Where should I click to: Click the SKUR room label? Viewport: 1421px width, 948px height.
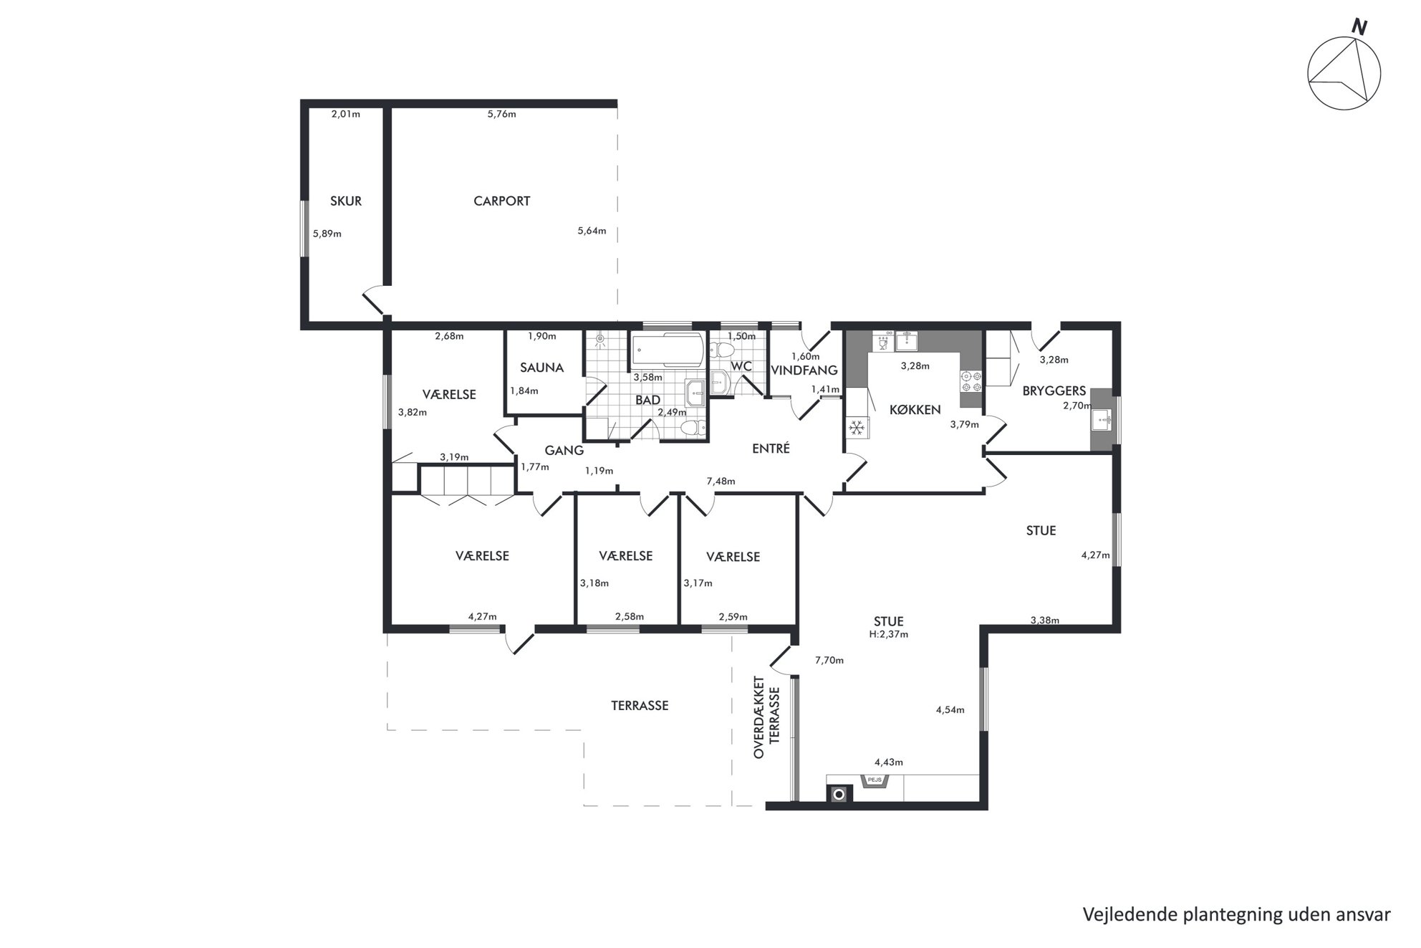(x=346, y=201)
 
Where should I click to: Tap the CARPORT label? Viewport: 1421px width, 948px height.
(x=501, y=201)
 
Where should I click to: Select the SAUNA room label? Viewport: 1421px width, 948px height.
(x=541, y=368)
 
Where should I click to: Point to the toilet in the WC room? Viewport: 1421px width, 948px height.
(x=722, y=350)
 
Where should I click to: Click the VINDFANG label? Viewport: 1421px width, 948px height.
(x=804, y=370)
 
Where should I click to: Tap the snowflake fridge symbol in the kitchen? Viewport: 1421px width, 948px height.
(x=857, y=428)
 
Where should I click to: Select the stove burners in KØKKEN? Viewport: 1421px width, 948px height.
(x=970, y=380)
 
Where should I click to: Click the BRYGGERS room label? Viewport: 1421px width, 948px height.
(x=1054, y=391)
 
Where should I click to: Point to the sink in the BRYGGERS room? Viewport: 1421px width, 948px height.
(x=1101, y=419)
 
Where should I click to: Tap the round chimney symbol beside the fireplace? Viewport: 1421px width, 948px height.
(x=839, y=794)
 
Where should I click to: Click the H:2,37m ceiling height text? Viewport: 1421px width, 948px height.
(x=889, y=634)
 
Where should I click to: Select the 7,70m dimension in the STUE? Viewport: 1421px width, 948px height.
(x=829, y=661)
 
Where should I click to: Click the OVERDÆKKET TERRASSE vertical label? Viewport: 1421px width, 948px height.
(x=766, y=717)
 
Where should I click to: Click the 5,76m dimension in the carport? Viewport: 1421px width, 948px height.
(x=501, y=114)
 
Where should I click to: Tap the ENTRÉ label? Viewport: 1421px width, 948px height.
(x=771, y=449)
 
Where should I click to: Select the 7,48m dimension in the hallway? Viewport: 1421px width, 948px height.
(x=721, y=482)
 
